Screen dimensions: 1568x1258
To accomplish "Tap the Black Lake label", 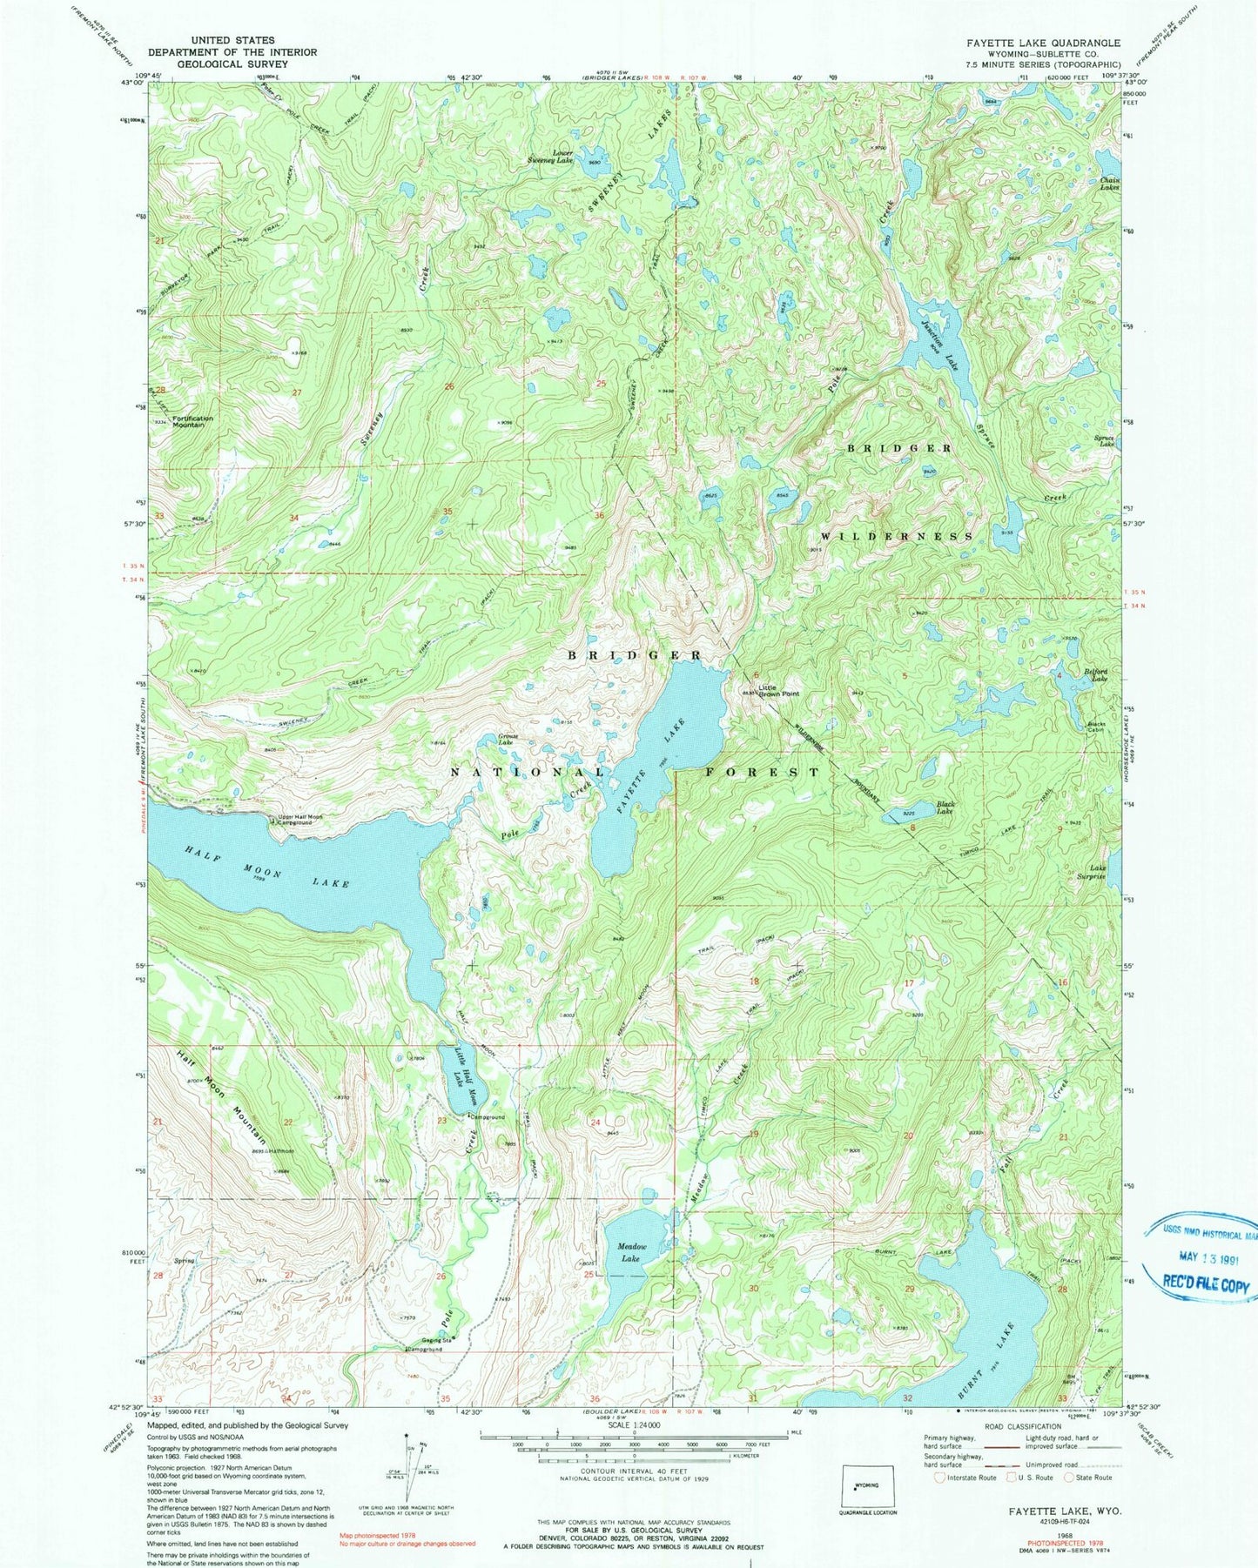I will tap(945, 808).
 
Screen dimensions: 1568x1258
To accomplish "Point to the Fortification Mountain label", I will tap(192, 421).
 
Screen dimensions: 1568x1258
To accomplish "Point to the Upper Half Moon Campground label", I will tap(299, 820).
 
